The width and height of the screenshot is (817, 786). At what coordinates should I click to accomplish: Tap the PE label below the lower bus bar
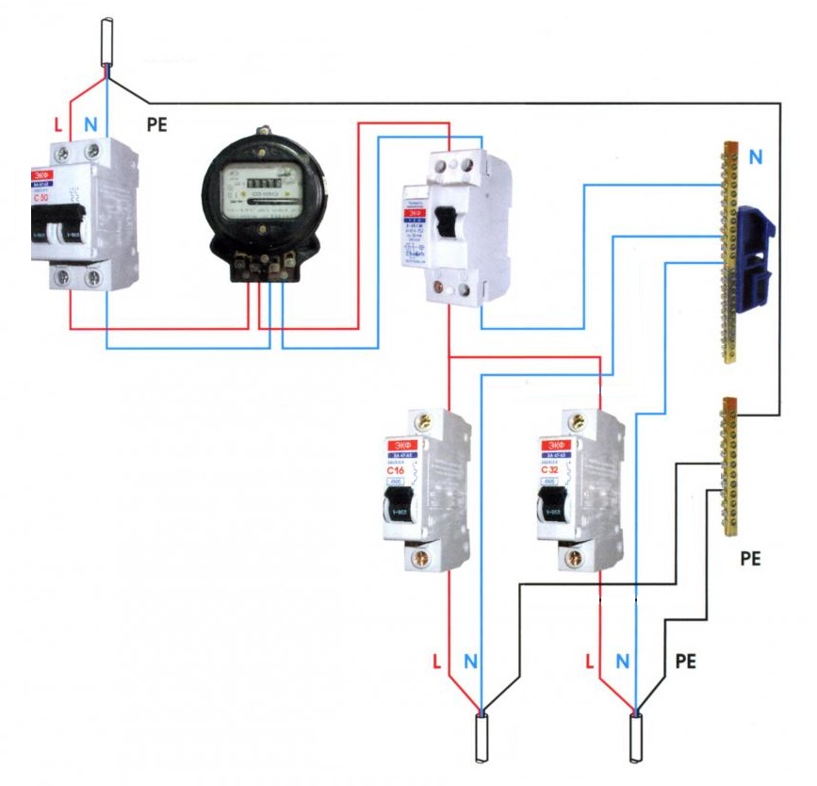[750, 559]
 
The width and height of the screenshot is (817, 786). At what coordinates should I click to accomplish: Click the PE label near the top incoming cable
[155, 123]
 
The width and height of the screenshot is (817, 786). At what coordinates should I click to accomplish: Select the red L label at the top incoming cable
[58, 123]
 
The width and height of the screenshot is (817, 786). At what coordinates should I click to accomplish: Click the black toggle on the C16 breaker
[395, 510]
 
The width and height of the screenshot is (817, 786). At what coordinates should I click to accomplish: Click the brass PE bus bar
[728, 467]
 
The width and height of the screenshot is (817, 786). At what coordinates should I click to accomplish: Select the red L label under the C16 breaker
[436, 662]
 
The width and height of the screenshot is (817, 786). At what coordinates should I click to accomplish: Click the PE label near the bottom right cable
[686, 662]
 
